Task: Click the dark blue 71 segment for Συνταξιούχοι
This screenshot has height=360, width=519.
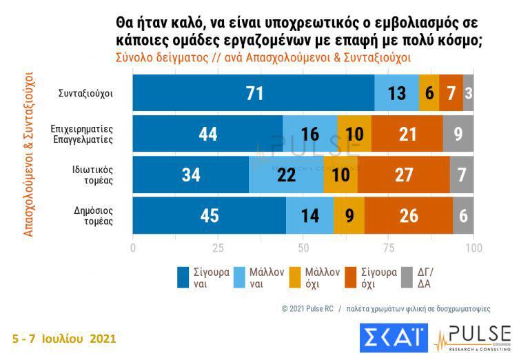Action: [254, 93]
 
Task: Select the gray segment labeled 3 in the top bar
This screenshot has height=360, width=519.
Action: [469, 93]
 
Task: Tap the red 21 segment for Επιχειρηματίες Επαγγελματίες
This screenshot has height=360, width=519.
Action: [407, 134]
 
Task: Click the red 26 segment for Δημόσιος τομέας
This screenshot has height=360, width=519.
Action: [409, 215]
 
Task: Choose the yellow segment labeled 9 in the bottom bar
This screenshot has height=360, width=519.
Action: [349, 215]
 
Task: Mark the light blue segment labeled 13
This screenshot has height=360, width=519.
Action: [397, 93]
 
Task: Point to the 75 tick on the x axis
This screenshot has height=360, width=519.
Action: [389, 247]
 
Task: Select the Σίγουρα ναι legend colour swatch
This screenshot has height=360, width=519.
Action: [184, 277]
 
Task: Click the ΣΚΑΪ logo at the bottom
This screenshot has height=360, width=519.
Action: [389, 338]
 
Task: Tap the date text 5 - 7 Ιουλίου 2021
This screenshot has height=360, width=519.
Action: [64, 339]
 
